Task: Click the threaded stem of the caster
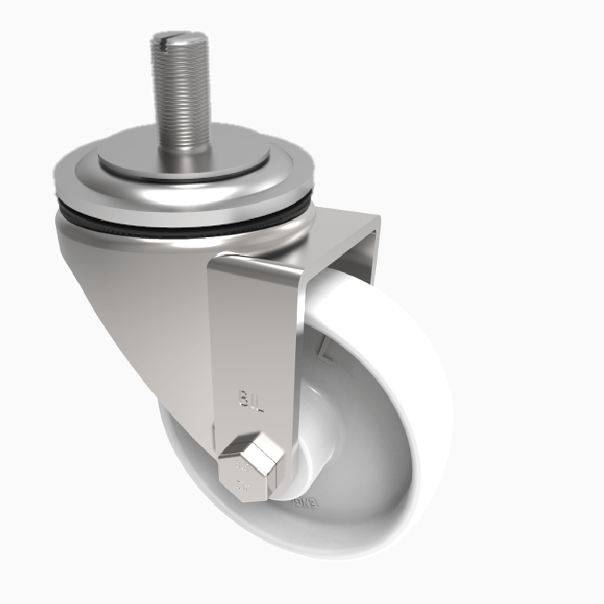click(x=180, y=91)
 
